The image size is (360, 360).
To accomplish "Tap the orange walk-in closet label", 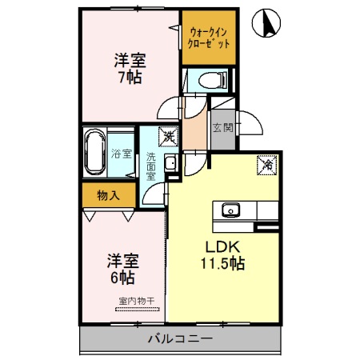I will [210, 38].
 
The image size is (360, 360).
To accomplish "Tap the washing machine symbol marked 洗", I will [168, 137].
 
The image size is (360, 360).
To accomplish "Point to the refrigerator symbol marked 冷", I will [266, 166].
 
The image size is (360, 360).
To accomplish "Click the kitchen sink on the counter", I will [231, 210].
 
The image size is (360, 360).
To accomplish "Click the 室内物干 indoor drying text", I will [136, 301].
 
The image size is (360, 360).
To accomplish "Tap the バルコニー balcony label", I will [180, 339].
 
